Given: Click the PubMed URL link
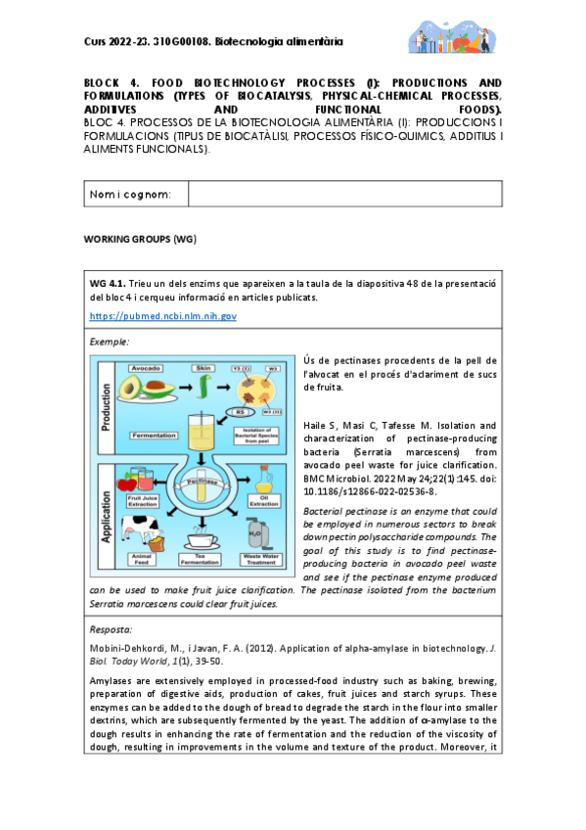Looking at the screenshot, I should tap(163, 316).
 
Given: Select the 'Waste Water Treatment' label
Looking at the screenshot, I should tap(261, 562).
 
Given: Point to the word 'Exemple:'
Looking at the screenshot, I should tap(109, 342).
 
